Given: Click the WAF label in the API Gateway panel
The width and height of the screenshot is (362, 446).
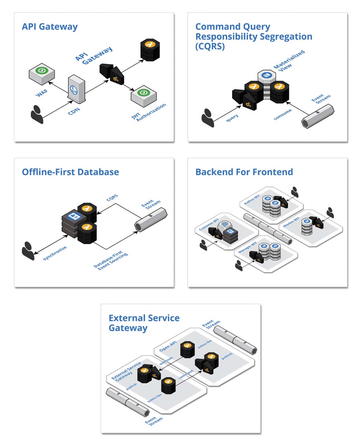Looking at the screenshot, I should [x=42, y=93].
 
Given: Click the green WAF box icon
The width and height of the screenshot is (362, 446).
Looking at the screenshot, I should [x=42, y=72].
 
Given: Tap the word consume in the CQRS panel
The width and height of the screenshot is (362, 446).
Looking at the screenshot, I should [x=283, y=114].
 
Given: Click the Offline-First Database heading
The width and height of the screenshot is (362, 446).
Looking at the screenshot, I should [x=70, y=172].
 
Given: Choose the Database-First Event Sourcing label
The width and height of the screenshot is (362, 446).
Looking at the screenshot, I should [x=111, y=261].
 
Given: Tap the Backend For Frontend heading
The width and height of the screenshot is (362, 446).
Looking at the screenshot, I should [x=244, y=172].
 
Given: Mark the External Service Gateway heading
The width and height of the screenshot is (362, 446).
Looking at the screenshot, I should [x=144, y=323].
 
